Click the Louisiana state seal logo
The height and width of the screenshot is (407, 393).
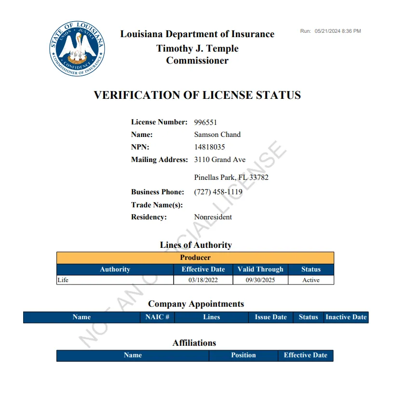(78, 48)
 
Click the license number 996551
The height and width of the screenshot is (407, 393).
(205, 122)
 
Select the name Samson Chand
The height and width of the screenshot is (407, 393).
(217, 135)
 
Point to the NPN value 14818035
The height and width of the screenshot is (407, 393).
(209, 147)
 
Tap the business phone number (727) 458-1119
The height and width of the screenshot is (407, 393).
(218, 192)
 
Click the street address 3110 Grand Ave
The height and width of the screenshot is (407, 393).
(219, 160)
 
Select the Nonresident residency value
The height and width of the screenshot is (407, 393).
(213, 217)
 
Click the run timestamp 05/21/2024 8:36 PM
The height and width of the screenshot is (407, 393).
(338, 31)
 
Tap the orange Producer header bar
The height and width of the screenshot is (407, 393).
(195, 258)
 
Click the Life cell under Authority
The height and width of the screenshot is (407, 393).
(63, 280)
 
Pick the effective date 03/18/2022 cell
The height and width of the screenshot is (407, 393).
(203, 280)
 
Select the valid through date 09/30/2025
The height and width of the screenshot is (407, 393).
(260, 280)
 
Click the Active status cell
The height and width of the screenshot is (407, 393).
(311, 280)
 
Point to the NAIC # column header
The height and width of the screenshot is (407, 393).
(157, 317)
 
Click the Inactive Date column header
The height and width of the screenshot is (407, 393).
(346, 317)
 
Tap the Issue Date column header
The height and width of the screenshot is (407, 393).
(271, 317)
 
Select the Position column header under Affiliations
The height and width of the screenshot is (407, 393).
(243, 355)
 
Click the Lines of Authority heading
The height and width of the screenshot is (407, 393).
(196, 245)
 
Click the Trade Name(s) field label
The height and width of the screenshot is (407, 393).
(157, 205)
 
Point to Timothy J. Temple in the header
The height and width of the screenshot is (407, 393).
(197, 49)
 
